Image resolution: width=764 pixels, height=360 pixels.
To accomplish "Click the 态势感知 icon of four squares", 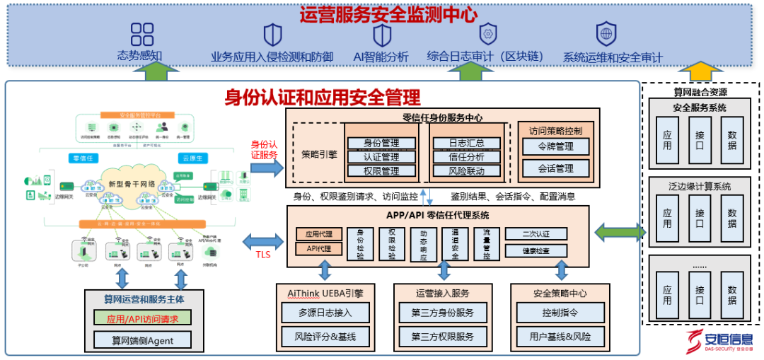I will point(142,34).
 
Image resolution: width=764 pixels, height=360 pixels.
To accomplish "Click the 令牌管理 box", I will point(555,147).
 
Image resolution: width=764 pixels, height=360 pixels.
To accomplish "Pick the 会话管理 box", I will point(555,168).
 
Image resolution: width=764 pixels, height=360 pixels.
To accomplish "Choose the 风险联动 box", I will point(466,171).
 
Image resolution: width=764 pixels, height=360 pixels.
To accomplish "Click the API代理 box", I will point(319,249).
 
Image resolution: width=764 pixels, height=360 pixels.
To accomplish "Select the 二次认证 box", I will point(536,234).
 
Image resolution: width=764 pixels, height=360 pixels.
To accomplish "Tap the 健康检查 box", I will point(536,251).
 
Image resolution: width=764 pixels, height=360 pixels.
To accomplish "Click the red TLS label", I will point(263,255).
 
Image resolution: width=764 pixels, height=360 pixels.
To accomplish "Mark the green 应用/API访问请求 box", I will point(143,318).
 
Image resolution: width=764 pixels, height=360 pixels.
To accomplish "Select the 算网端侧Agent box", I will point(143,340).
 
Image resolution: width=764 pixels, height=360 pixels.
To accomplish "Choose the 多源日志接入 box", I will point(323,312).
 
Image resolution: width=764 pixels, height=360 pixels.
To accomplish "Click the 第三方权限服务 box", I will point(443,336).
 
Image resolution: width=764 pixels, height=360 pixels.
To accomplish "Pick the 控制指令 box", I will point(560,312).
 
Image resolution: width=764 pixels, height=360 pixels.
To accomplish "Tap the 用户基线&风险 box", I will point(560,336).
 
